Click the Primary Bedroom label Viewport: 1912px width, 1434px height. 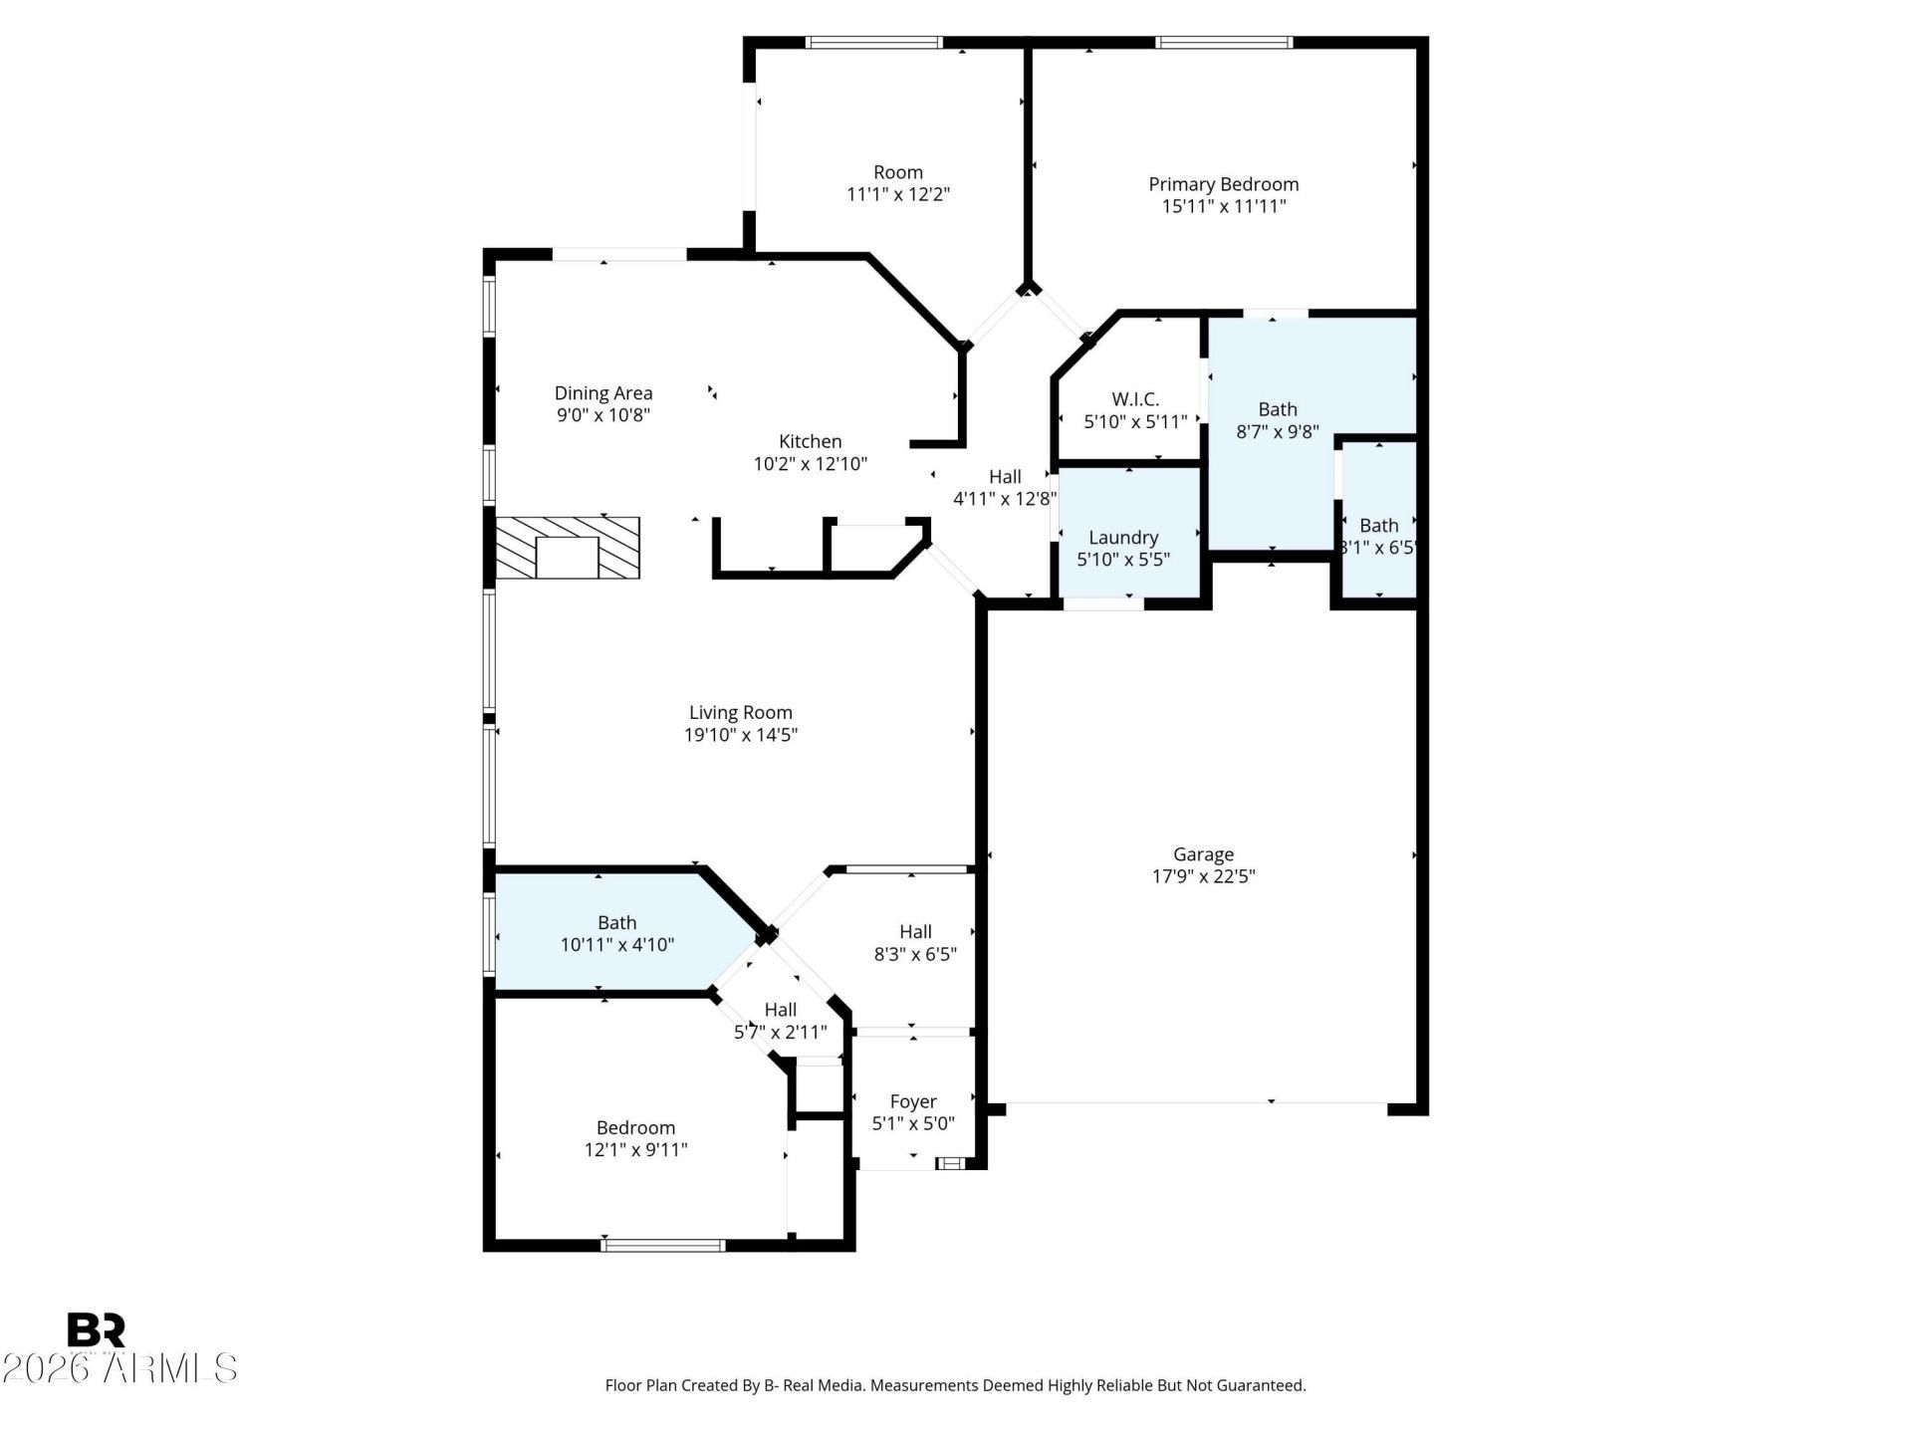click(x=1223, y=184)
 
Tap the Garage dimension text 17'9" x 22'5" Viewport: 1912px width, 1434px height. click(x=1203, y=876)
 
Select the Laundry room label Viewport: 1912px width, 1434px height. click(x=1123, y=538)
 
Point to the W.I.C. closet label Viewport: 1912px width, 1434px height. click(x=1135, y=399)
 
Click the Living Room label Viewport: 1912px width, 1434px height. click(x=741, y=713)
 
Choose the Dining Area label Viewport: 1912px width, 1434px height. click(x=603, y=393)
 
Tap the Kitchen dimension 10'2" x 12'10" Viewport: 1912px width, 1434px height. click(x=811, y=463)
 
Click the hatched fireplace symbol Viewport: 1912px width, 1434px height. click(x=568, y=548)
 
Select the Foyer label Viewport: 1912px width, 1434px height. click(x=913, y=1102)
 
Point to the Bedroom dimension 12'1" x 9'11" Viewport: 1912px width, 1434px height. click(x=635, y=1149)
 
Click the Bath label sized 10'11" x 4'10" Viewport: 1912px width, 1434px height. click(x=617, y=923)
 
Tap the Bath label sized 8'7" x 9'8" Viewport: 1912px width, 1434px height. click(x=1278, y=409)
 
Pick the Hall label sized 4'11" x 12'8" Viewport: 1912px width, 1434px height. click(x=1005, y=477)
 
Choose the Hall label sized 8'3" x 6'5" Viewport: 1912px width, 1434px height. click(x=915, y=932)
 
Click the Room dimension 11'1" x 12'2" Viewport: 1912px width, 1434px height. click(x=898, y=194)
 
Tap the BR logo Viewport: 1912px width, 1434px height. click(x=97, y=1330)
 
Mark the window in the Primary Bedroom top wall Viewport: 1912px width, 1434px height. click(x=1224, y=43)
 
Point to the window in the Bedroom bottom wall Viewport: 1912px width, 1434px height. click(x=663, y=1245)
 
